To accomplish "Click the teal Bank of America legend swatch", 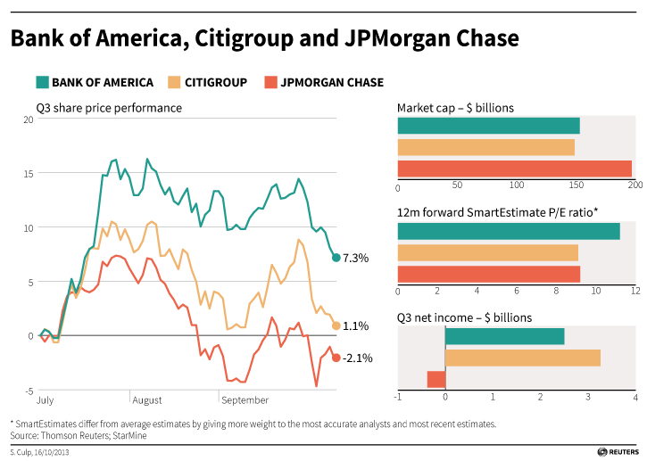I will click(42, 83).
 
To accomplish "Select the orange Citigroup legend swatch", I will click(174, 83).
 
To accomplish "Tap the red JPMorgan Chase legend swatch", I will click(270, 83).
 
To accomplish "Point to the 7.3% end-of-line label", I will click(356, 258).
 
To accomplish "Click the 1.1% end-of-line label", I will click(356, 325).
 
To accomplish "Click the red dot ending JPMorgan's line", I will click(336, 358).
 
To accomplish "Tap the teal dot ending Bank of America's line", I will click(336, 258).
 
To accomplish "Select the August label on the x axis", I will click(148, 401).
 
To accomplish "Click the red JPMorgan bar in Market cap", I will click(514, 169).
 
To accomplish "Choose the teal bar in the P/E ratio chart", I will click(509, 231).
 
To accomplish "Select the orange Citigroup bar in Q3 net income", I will click(522, 358).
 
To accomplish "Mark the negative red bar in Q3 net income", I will click(436, 379).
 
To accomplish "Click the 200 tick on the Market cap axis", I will click(635, 186).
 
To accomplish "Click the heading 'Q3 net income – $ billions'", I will click(464, 317).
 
